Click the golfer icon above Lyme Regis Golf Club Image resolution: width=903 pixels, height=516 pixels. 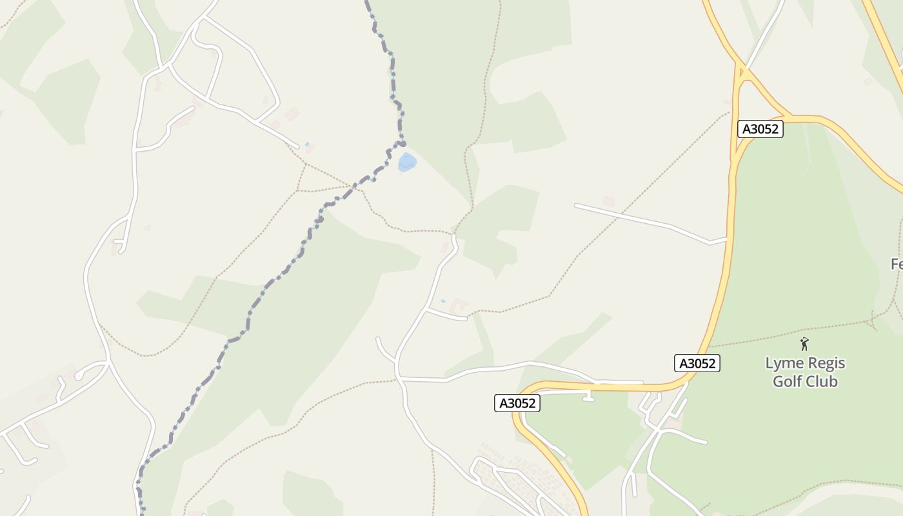click(x=804, y=344)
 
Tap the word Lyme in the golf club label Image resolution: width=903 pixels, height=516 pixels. click(x=783, y=363)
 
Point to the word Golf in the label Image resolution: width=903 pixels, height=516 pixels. click(x=787, y=381)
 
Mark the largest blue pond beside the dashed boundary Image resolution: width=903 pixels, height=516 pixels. click(x=407, y=162)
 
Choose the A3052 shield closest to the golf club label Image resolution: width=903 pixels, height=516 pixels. click(x=697, y=363)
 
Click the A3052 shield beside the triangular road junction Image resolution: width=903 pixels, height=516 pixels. click(x=760, y=129)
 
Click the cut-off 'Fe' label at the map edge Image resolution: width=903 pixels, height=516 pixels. click(x=897, y=264)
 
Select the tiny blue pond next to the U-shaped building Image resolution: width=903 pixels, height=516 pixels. click(x=442, y=301)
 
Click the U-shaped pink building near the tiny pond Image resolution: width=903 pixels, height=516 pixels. click(x=459, y=304)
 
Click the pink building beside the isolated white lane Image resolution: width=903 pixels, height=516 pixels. click(x=608, y=201)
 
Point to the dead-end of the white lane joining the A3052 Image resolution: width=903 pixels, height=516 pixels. click(x=576, y=206)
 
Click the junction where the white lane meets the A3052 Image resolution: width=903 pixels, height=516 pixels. click(x=728, y=240)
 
